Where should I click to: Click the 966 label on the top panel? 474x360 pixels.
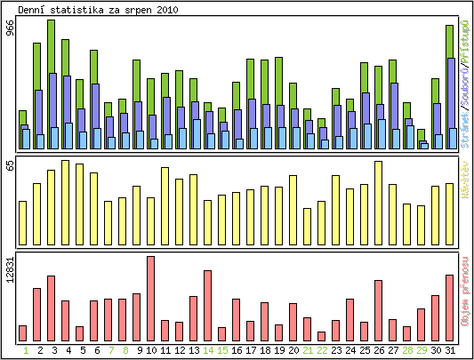(x=10, y=28)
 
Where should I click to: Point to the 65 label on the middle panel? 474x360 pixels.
(x=10, y=166)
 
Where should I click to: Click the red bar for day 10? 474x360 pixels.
(x=150, y=299)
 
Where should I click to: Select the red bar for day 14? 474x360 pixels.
(x=207, y=306)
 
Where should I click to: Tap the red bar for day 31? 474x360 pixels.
(x=450, y=308)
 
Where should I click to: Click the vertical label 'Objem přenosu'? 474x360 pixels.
(x=465, y=297)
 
